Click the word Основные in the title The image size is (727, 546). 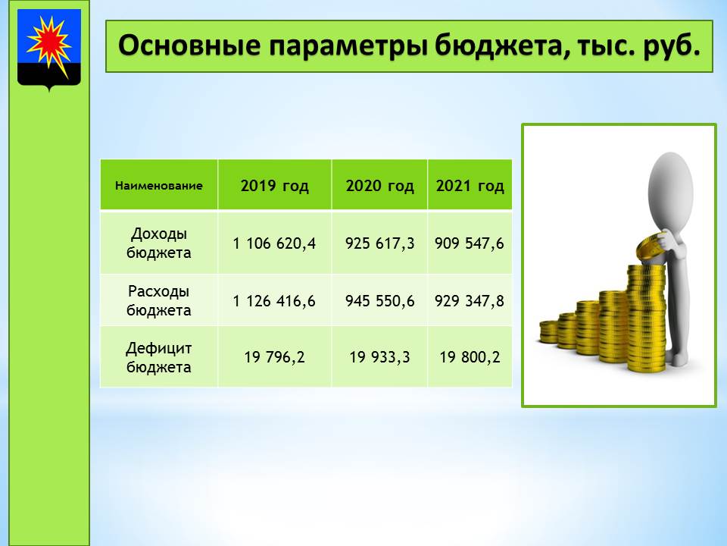coord(189,45)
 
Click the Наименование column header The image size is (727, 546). coord(159,186)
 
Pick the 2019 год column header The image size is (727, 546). coord(274,186)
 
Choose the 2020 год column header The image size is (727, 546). coord(379,186)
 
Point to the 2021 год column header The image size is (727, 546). coord(470,186)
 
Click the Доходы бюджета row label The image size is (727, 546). coord(159,243)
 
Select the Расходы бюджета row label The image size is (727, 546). coord(159,300)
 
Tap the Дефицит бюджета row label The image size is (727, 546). coord(159,357)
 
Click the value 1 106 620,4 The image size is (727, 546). coord(274,243)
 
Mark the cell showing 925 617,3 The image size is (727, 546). coord(379,243)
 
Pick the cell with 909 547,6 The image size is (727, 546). coord(470,243)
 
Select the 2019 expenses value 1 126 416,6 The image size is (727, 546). coord(274,301)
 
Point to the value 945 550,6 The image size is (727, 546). coord(379,301)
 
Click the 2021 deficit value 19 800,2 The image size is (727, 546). coord(470,357)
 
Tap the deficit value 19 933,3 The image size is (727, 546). coord(379,357)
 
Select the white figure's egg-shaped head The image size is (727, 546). coord(670,191)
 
